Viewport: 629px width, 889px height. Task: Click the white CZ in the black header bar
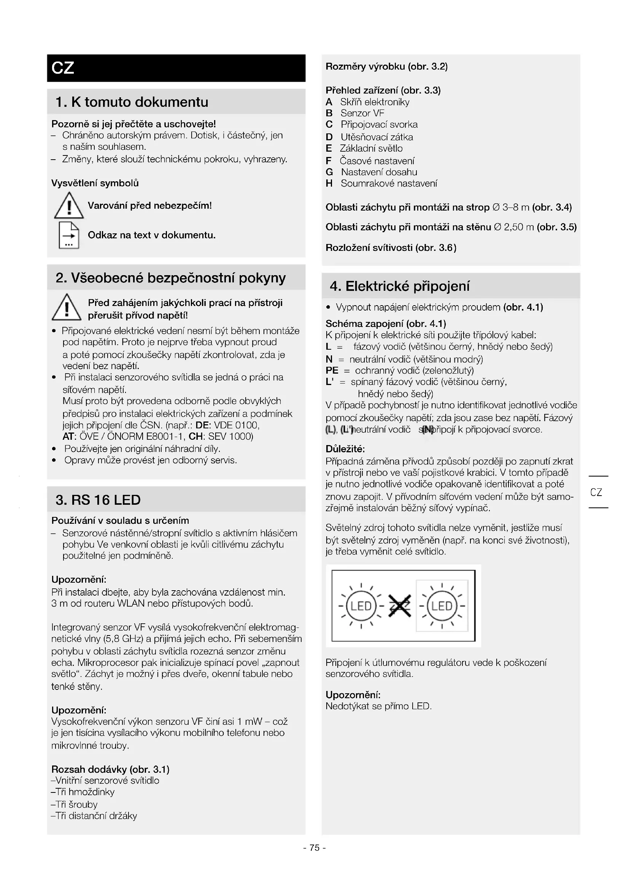pos(63,68)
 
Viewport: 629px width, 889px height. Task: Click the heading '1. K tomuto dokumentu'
pos(132,102)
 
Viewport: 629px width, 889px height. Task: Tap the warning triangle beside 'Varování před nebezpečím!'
pos(69,206)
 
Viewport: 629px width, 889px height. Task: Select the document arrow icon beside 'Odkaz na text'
pos(69,235)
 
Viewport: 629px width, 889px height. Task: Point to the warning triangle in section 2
pos(67,308)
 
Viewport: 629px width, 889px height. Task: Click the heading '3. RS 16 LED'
pos(98,500)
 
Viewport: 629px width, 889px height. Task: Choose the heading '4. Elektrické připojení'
pos(399,286)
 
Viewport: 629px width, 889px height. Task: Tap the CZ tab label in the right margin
pos(596,492)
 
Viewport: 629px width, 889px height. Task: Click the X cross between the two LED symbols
pos(399,606)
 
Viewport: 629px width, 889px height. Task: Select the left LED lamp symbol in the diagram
pos(361,606)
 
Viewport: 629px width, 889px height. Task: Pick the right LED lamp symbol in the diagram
pos(442,606)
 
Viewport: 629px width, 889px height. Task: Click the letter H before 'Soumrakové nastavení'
pos(329,184)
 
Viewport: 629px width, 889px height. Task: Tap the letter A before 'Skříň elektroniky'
pos(329,102)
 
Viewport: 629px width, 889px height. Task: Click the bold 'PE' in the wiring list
pos(332,371)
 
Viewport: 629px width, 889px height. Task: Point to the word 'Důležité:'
pos(345,449)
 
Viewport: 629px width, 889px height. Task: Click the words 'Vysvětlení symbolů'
pos(95,183)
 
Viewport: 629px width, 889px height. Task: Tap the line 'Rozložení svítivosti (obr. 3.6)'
pos(391,248)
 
